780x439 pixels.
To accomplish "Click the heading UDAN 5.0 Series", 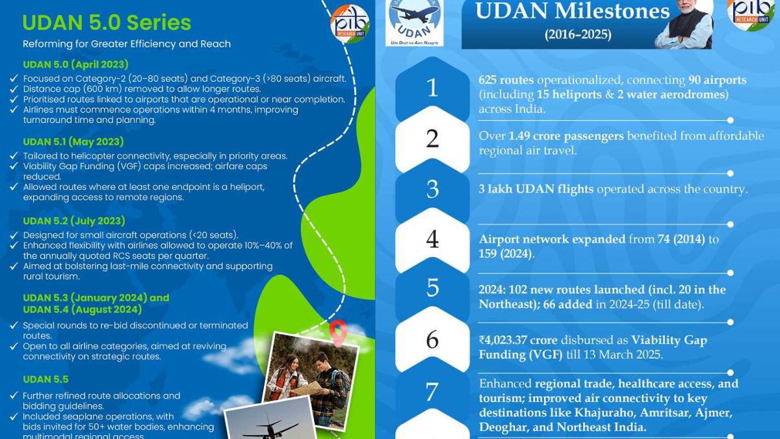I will [x=107, y=23].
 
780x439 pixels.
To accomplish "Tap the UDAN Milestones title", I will [x=572, y=11].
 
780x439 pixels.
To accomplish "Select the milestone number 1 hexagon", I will [x=432, y=87].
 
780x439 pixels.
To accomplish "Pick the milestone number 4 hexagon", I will [x=432, y=239].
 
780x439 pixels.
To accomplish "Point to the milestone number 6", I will [x=432, y=339].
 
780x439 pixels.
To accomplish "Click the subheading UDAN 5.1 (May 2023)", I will [x=73, y=142].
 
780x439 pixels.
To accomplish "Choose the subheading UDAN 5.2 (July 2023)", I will [x=74, y=220].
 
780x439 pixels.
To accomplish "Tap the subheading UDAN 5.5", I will [x=45, y=379].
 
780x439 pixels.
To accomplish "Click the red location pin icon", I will [x=336, y=332].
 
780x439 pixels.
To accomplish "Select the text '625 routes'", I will [x=506, y=80].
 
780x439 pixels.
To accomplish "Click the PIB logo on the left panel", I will [x=350, y=22].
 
